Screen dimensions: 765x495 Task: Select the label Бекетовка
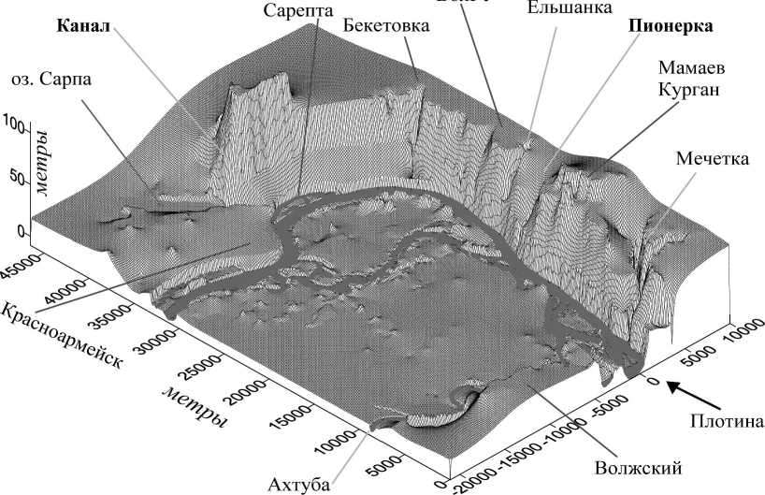pos(385,25)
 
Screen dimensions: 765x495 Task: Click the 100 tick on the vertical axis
pos(13,124)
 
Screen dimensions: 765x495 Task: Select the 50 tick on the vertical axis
pos(16,175)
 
